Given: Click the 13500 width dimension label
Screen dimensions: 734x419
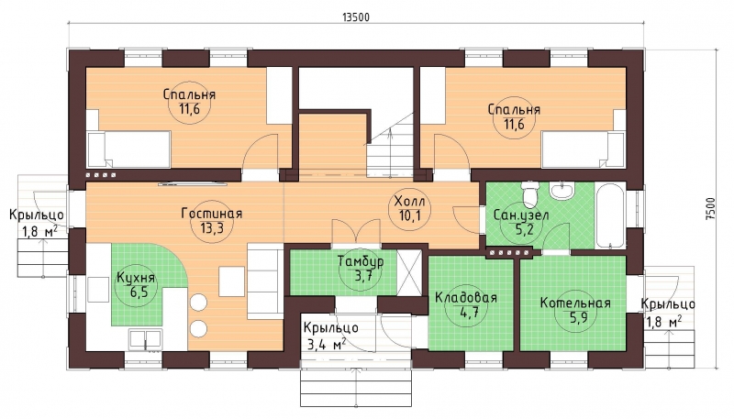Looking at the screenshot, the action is point(356,17).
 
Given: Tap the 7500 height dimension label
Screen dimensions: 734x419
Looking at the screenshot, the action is point(710,208).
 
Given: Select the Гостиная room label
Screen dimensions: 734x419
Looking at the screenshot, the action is point(212,214).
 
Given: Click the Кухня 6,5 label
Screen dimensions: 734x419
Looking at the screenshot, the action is point(136,284).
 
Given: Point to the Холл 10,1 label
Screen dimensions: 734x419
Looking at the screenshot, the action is point(409,208).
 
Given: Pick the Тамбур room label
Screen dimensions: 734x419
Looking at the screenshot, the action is point(361,261).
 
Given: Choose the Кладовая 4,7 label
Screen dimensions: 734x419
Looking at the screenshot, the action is point(466,305).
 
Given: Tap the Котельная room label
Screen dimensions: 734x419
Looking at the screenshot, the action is point(575,303).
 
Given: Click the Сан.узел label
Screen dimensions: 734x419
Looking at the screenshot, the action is point(521,215).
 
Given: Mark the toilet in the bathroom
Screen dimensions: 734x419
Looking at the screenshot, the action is point(530,194).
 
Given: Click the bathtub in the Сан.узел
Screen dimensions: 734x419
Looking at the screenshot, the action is point(610,215).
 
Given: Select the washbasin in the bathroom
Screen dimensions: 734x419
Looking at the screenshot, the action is point(562,191).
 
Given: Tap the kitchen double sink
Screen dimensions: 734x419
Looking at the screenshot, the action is point(146,339).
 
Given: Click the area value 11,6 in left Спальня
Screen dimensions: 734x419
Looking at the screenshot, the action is point(189,109).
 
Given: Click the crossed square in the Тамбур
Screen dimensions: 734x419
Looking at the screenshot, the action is point(409,272).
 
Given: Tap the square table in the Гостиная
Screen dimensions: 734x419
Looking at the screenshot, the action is point(232,281).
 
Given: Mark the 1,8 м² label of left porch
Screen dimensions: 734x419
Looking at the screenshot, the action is point(39,231).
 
